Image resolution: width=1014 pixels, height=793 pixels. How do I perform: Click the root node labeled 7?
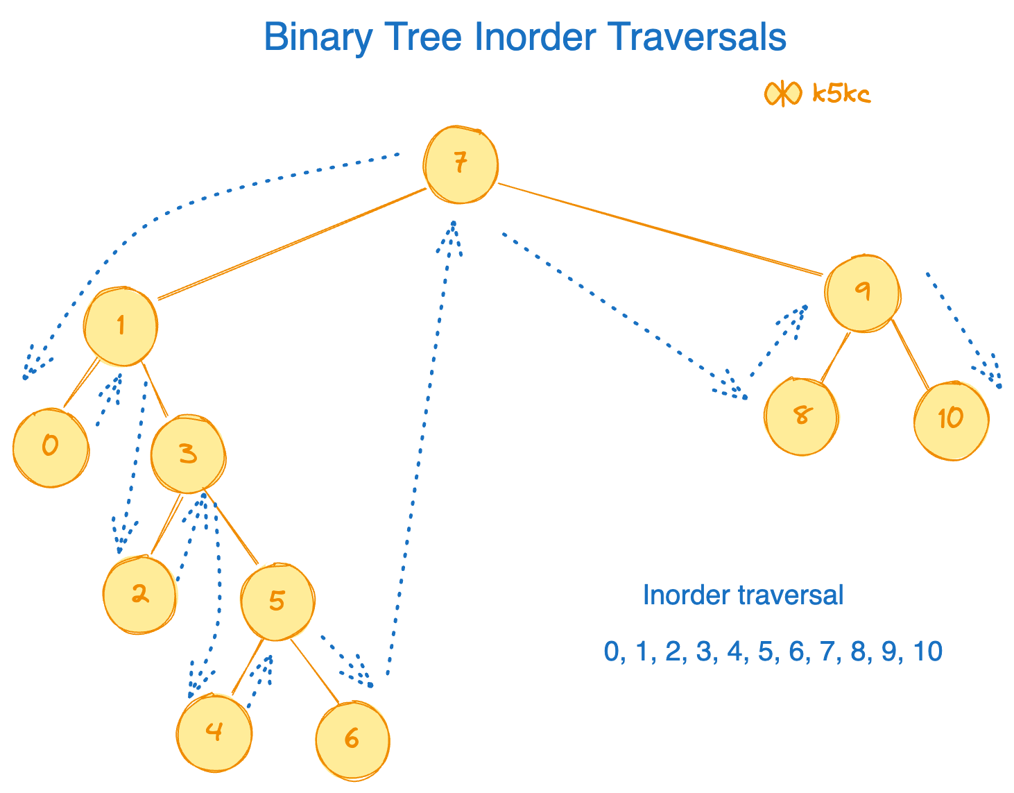pos(461,165)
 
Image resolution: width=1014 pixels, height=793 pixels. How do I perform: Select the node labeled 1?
pos(121,326)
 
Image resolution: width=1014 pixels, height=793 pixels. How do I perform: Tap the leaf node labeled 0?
pos(51,447)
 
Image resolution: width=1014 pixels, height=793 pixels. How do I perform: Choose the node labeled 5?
pos(277,602)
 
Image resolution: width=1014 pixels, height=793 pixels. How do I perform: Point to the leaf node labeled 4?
pos(214,732)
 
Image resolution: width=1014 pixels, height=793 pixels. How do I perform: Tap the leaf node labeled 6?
pos(352,740)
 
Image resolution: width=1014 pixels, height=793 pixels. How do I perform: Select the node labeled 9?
pos(862,293)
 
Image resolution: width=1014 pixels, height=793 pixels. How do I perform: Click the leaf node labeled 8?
pos(801,416)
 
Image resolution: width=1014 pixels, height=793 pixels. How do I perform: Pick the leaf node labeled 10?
pos(951,420)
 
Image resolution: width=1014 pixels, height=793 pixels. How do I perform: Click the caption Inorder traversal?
pos(743,595)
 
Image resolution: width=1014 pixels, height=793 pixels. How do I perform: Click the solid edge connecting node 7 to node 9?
pos(659,229)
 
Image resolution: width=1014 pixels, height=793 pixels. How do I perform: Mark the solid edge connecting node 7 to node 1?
pos(291,244)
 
